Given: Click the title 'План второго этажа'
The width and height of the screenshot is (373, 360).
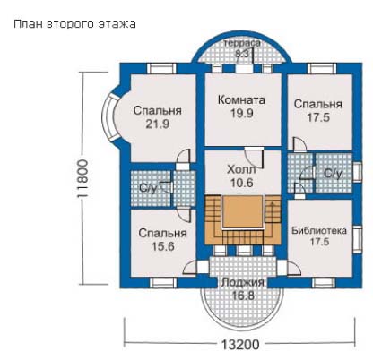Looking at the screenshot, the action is point(74,24).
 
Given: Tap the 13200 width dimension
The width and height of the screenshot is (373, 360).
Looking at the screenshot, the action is point(240,345).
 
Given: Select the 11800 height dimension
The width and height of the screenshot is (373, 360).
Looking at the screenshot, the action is point(82,178).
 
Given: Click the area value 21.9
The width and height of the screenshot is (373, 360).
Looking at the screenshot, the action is point(158,124).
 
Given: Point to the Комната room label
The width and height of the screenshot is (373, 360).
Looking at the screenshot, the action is point(241,99).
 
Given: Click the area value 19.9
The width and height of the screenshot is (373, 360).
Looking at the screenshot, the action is point(242,113).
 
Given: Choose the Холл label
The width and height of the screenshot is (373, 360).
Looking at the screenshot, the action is point(241,169).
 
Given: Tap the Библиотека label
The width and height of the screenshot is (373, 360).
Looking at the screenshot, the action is point(319,231).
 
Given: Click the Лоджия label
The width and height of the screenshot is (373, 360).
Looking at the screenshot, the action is point(243,282).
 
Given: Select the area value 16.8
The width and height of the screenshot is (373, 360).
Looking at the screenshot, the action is point(243,296).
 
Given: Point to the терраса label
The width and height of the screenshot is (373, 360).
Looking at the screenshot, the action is point(242,43).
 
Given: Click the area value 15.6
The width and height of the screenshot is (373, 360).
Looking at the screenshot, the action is point(163,246).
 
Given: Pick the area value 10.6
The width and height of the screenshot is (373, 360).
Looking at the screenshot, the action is point(242,183).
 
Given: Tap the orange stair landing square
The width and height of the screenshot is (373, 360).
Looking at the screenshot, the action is point(243,211).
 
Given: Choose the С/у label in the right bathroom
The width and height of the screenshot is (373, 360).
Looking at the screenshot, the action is point(334,173).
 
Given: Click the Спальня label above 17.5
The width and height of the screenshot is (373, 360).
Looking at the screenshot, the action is point(318,104).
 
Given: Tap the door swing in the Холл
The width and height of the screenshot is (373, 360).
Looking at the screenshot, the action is point(254,158).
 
